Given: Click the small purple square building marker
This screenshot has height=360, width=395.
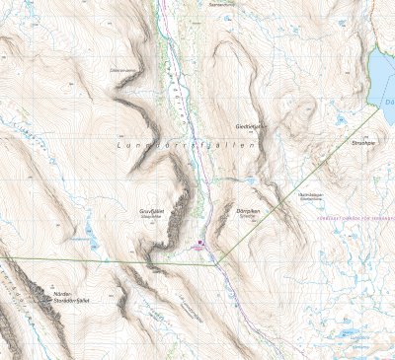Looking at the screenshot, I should tap(200, 240).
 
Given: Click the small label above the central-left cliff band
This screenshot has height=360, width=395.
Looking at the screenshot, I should tap(122, 72).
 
